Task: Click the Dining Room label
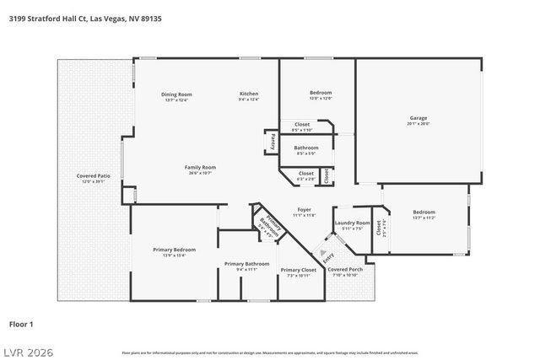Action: point(177,94)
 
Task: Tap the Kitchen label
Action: point(249,94)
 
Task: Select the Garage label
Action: point(418,117)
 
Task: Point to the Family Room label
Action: point(201,167)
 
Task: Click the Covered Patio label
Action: point(89,175)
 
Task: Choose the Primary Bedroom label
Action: point(174,250)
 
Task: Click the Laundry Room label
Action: point(352,223)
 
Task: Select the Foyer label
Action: point(305,209)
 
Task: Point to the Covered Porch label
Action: point(346,270)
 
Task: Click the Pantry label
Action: point(273,142)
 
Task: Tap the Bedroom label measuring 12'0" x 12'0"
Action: point(321,93)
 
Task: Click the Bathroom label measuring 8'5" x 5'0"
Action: point(306,148)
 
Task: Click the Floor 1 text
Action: point(21,323)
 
